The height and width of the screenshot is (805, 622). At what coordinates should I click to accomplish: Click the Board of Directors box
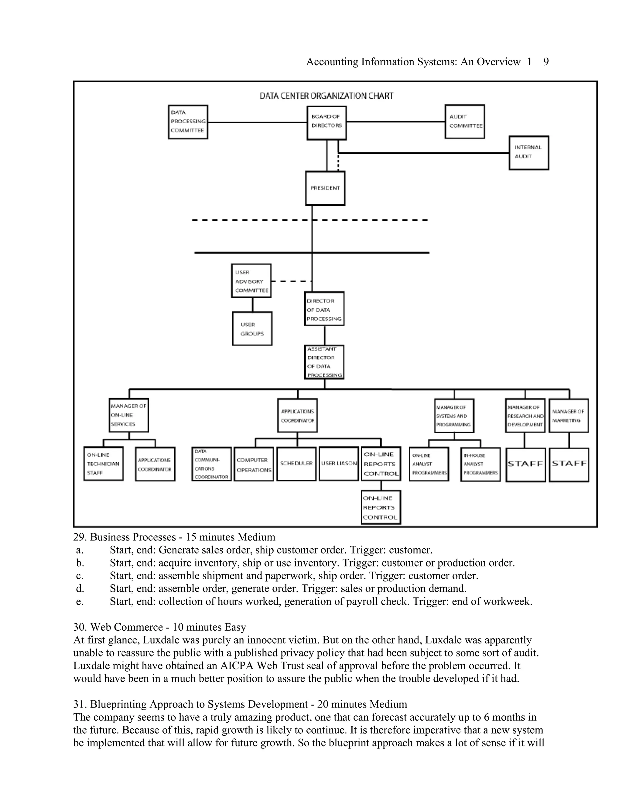[326, 123]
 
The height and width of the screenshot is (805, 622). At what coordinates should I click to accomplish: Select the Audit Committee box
[465, 122]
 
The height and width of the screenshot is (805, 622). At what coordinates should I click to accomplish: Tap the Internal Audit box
[529, 152]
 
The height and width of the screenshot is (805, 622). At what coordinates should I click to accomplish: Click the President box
[325, 188]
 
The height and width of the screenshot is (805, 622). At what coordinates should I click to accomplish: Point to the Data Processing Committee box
[188, 122]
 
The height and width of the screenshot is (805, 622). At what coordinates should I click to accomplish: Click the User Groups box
[252, 329]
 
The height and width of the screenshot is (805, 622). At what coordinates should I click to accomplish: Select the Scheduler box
[296, 464]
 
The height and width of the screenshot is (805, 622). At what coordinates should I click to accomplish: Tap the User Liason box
[339, 464]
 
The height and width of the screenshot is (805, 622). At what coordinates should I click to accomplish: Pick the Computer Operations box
[254, 464]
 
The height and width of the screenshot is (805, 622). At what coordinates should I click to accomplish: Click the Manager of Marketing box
[569, 416]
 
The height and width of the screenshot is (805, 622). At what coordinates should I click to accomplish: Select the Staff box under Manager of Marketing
[569, 464]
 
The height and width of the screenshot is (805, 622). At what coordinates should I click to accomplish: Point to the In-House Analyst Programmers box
[480, 464]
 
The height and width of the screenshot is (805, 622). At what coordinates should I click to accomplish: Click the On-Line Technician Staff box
[104, 464]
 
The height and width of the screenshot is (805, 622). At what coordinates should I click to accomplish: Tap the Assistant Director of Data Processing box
[324, 362]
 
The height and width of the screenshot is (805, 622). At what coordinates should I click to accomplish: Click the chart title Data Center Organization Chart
[326, 96]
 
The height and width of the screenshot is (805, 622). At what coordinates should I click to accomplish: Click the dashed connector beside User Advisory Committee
[291, 281]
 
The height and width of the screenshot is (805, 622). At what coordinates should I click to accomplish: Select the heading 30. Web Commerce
[159, 627]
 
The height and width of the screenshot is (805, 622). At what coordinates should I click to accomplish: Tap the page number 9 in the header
[546, 62]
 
